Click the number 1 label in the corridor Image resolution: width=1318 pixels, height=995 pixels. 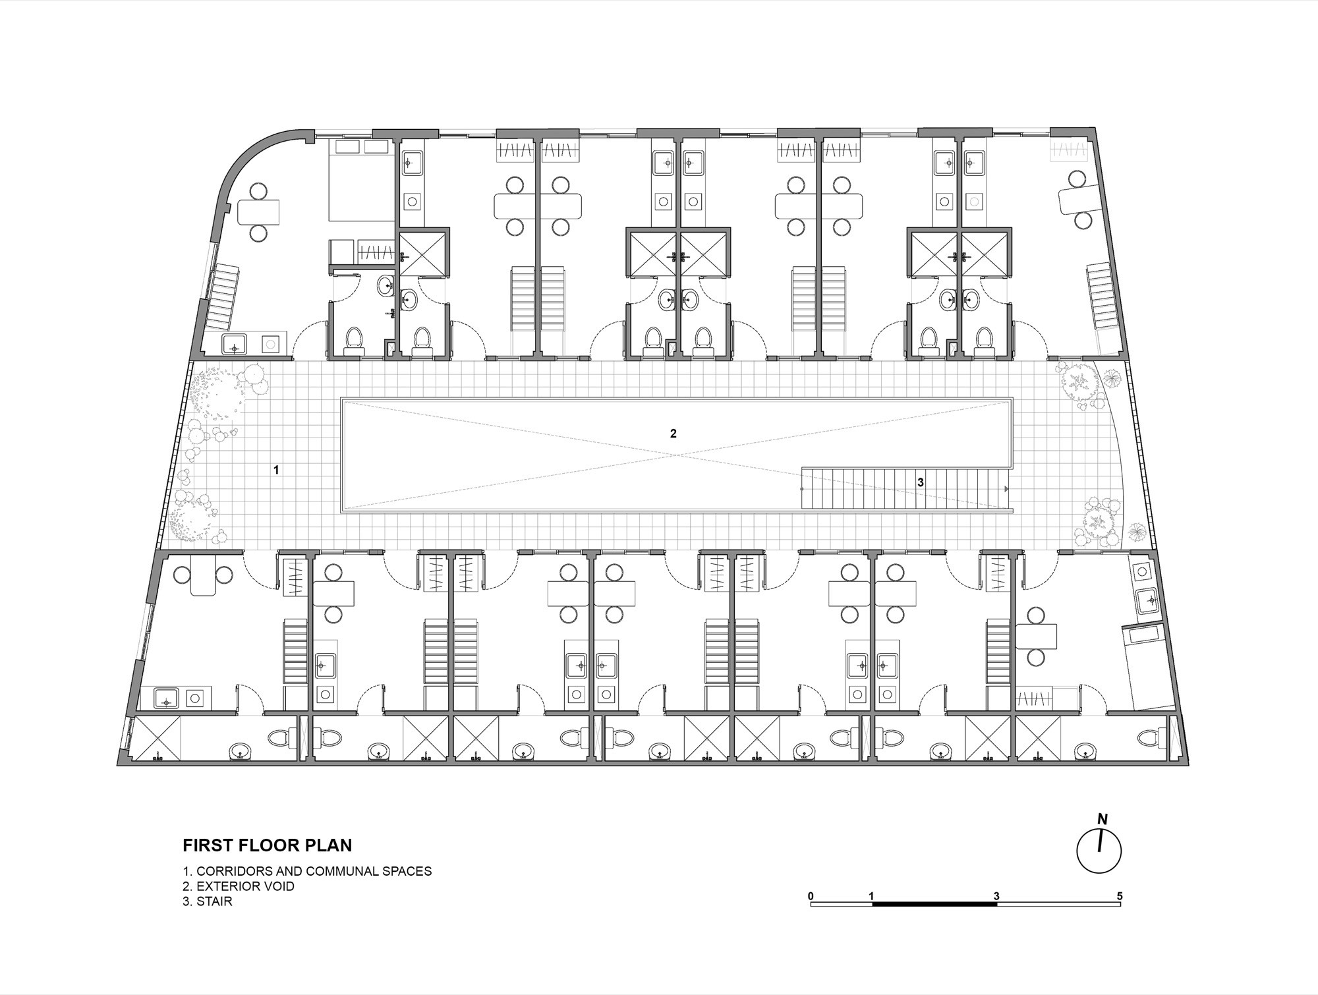(x=277, y=470)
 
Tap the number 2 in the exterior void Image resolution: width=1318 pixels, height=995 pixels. (x=673, y=434)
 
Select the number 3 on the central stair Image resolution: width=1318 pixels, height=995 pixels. (x=920, y=482)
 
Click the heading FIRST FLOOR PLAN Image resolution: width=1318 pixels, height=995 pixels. (x=268, y=845)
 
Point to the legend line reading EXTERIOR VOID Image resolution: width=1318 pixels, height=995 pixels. (x=239, y=886)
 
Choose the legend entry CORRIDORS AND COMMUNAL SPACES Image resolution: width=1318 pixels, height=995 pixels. (x=307, y=871)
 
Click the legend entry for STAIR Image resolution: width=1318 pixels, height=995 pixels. (x=208, y=901)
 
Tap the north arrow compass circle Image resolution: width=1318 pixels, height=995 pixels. (x=1099, y=850)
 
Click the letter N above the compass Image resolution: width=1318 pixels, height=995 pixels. (x=1103, y=820)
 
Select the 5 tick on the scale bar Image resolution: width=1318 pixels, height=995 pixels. (x=1120, y=896)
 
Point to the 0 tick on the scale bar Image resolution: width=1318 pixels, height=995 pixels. (x=811, y=896)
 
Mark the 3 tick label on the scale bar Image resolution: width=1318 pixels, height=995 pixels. (x=996, y=896)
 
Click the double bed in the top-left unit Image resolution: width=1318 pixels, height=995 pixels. (x=362, y=179)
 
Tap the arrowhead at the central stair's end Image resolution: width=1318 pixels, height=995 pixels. (x=1006, y=489)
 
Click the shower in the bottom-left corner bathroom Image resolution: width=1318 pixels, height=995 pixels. (x=158, y=738)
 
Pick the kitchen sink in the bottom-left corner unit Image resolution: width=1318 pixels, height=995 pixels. (x=167, y=698)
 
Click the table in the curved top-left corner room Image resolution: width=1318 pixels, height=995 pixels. (x=258, y=212)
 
